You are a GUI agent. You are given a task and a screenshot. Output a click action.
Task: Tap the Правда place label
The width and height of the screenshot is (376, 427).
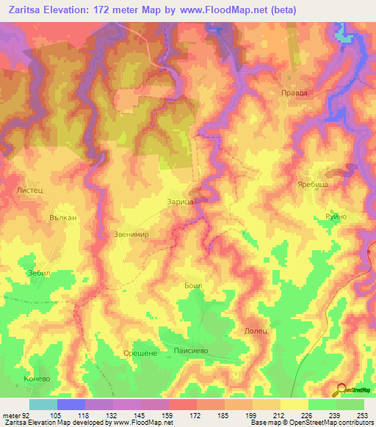pos(294,93)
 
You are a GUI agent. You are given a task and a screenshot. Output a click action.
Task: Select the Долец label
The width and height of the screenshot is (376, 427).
pos(256,331)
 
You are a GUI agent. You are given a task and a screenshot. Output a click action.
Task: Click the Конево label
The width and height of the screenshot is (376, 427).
pos(36,379)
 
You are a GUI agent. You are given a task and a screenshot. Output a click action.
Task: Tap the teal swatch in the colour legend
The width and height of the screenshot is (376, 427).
pos(43,404)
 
